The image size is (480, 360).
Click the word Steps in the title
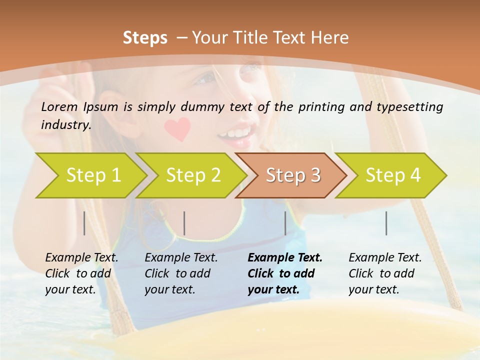click(145, 38)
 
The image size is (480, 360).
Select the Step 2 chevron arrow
click(192, 175)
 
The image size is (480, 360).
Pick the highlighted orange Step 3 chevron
click(292, 175)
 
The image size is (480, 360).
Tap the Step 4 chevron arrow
click(392, 175)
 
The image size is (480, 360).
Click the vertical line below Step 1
click(84, 223)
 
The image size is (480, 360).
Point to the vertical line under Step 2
click(184, 223)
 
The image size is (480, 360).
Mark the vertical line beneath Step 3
click(285, 223)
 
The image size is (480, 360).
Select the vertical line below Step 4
click(386, 223)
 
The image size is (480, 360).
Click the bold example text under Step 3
click(284, 273)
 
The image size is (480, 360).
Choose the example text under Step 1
click(81, 273)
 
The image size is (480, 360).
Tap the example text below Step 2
click(181, 273)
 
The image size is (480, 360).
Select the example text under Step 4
click(385, 273)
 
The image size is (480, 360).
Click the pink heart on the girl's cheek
click(178, 128)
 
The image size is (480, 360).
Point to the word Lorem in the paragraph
click(59, 107)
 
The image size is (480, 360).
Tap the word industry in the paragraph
click(65, 125)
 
